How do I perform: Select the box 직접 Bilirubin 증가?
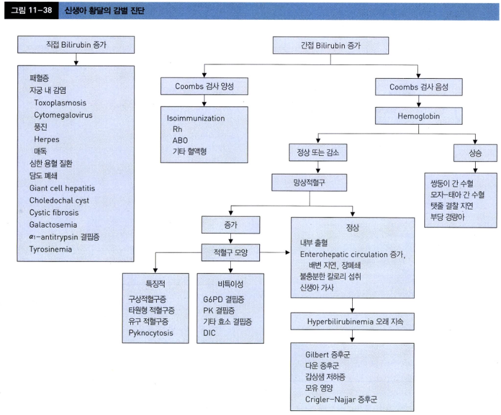(x=75, y=44)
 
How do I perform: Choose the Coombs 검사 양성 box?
(x=204, y=87)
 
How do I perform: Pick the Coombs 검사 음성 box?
(x=418, y=87)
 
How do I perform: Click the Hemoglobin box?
(x=418, y=114)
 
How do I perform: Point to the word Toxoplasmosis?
(x=60, y=103)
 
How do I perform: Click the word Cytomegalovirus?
(x=63, y=115)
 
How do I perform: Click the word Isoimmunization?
(x=195, y=119)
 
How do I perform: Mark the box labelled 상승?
(x=476, y=153)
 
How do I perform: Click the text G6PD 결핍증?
(x=224, y=299)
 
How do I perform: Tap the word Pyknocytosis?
(x=151, y=333)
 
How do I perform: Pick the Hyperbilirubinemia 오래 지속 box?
(x=353, y=322)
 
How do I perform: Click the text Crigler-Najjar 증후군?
(x=341, y=399)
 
